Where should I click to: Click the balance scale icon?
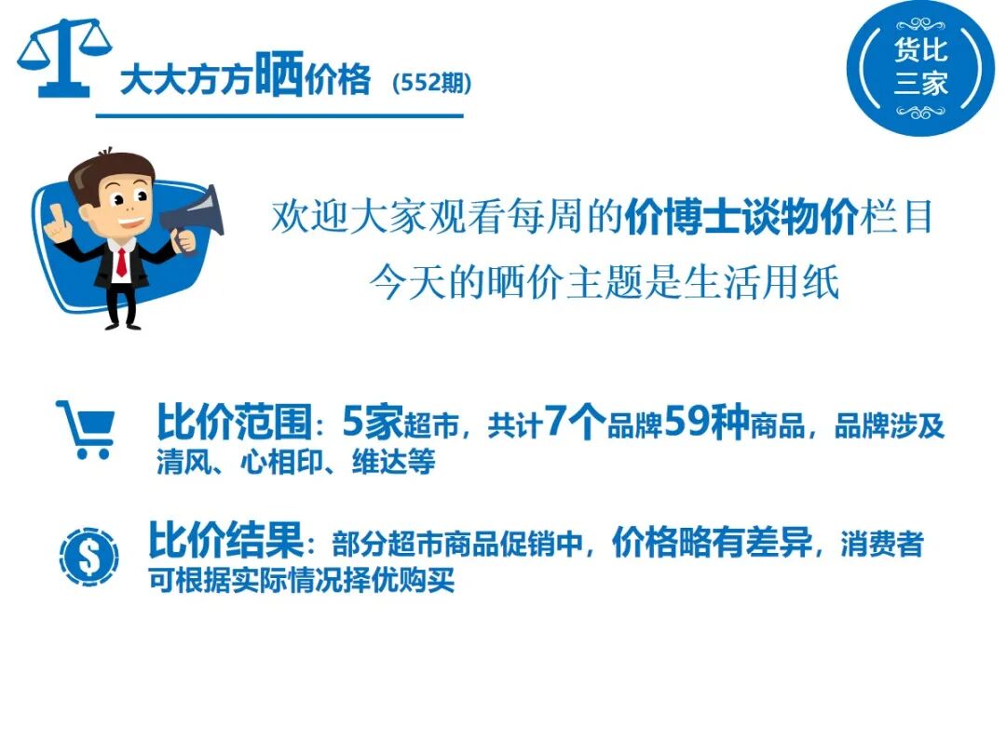(64, 58)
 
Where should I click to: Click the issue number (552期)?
(432, 83)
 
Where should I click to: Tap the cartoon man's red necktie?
(121, 263)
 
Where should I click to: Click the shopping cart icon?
(87, 429)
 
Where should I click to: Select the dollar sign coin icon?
(88, 557)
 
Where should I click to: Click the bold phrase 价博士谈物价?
(741, 217)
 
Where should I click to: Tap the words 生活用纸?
(761, 282)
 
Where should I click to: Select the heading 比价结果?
(225, 540)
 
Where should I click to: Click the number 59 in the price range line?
(686, 422)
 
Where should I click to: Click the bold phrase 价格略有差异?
(713, 543)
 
